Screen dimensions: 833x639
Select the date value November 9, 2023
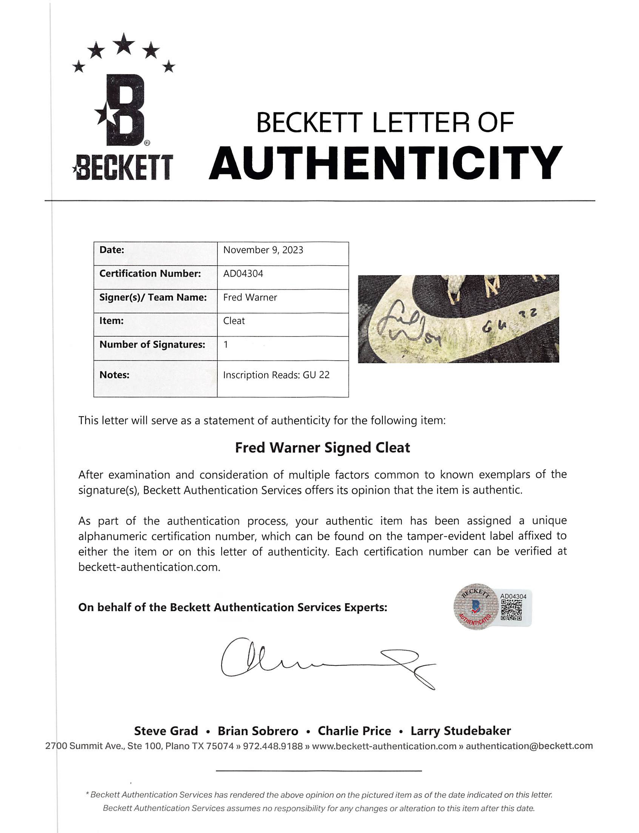click(263, 250)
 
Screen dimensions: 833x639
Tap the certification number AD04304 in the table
click(243, 274)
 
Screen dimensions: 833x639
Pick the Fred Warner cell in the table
click(250, 297)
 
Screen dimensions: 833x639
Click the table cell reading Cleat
click(234, 321)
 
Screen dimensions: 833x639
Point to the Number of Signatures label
click(152, 344)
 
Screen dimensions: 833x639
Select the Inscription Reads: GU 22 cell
click(276, 375)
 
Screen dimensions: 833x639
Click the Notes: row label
click(114, 375)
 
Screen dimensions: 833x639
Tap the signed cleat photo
click(458, 319)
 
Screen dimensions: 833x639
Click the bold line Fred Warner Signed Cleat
click(322, 448)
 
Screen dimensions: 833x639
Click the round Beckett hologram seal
click(475, 607)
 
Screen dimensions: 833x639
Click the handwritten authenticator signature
click(327, 664)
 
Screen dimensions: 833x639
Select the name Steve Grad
click(166, 731)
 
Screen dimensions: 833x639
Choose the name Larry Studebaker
click(460, 731)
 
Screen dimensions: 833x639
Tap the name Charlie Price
click(354, 731)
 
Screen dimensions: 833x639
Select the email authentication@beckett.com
click(529, 746)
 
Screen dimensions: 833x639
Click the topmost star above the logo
click(124, 43)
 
